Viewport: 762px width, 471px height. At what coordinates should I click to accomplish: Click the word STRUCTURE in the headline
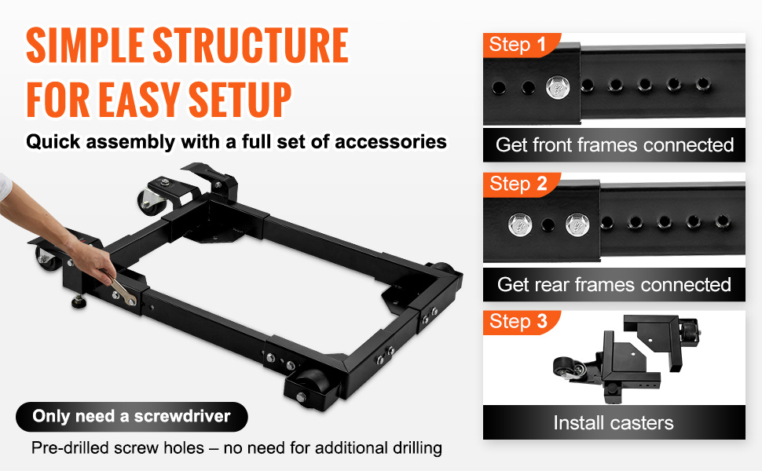[x=251, y=46]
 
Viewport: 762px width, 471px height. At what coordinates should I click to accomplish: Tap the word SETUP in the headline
[x=240, y=100]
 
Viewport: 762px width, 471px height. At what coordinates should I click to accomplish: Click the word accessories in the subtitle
[x=390, y=142]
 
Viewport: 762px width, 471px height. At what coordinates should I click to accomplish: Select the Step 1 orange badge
[x=521, y=46]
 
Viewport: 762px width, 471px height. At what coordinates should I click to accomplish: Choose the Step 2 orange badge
[x=521, y=184]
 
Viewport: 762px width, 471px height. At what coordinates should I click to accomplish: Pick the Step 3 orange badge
[x=521, y=322]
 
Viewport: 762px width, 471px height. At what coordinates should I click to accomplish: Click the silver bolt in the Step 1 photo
[x=559, y=88]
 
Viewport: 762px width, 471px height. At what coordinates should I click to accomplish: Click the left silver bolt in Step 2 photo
[x=520, y=225]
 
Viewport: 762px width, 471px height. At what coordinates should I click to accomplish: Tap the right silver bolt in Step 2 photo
[x=578, y=225]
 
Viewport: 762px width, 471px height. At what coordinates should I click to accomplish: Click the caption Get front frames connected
[x=614, y=145]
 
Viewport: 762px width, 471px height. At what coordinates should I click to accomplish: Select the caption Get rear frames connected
[x=614, y=284]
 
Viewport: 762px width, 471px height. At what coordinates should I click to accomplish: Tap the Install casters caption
[x=614, y=423]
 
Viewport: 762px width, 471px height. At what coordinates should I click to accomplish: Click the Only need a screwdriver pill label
[x=132, y=417]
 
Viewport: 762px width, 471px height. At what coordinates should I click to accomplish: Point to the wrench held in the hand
[x=123, y=290]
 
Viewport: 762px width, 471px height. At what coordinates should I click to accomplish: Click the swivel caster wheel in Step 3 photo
[x=563, y=368]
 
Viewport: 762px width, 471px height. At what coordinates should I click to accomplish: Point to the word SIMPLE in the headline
[x=85, y=46]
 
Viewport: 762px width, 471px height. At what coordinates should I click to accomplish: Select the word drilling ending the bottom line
[x=417, y=447]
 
